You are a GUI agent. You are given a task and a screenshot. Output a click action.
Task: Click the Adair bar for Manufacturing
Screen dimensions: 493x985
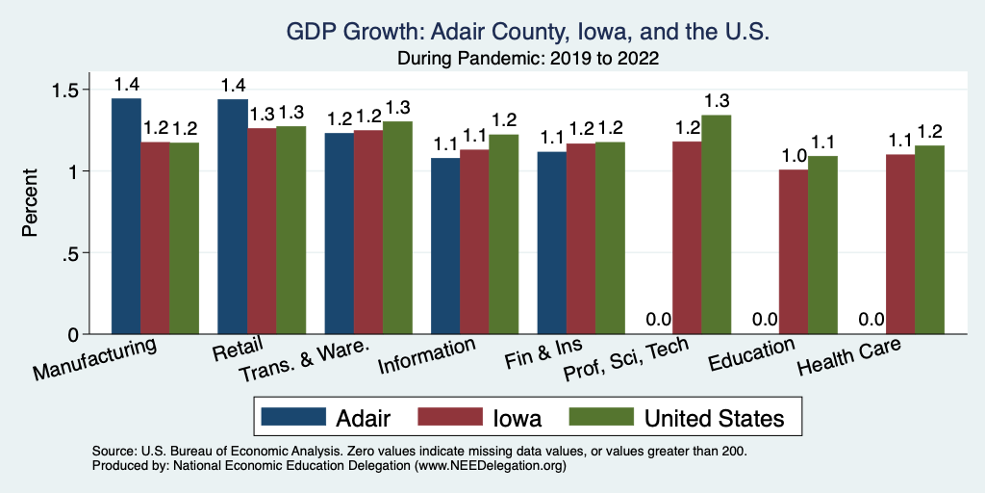(126, 217)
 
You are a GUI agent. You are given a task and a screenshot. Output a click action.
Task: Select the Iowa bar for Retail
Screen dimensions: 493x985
(262, 231)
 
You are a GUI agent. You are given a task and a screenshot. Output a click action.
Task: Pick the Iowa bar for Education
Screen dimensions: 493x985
(794, 252)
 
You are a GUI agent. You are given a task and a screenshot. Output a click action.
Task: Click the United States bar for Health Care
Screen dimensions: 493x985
(929, 240)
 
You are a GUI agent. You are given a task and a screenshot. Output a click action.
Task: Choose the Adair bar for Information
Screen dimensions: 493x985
(444, 246)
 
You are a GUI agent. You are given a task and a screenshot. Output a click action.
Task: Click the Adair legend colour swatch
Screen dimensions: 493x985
(292, 417)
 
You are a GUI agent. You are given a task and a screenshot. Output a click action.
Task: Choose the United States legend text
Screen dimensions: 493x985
(714, 418)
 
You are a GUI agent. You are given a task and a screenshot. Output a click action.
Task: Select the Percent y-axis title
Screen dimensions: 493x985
(31, 204)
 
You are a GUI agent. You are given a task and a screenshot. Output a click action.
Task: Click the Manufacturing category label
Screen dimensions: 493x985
(94, 357)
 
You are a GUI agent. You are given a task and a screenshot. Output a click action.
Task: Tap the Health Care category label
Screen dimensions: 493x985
(848, 357)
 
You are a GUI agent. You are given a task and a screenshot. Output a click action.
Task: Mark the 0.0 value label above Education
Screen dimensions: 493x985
(765, 320)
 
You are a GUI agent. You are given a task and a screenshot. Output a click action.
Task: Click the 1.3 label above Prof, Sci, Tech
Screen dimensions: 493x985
(717, 100)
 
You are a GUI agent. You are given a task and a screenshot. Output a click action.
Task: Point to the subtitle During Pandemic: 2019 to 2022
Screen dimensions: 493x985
(527, 59)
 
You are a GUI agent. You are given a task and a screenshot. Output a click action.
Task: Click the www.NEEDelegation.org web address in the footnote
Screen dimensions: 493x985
(489, 465)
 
